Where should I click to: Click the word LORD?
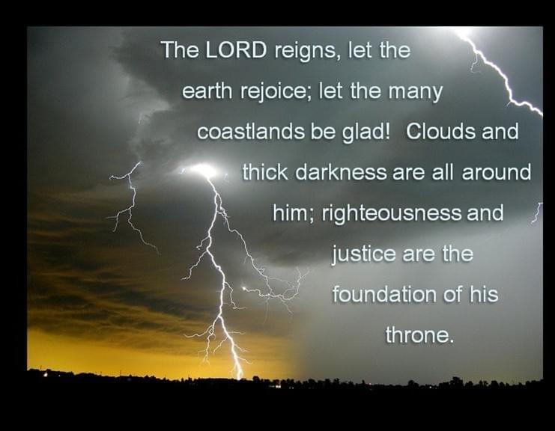236,50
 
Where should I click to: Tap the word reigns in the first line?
305,52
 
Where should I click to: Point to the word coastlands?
251,132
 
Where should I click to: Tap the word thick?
264,172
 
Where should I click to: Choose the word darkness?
341,172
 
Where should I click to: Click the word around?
497,172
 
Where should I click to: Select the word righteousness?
392,214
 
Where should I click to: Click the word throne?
419,334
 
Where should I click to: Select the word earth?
207,91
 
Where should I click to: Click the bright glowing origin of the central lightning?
205,171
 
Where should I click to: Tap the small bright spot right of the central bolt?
244,289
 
